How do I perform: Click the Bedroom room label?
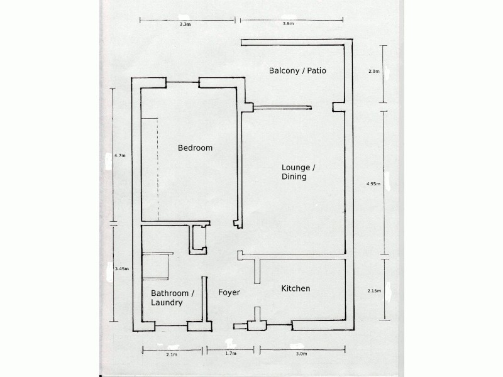click(x=195, y=148)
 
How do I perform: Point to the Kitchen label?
click(x=295, y=289)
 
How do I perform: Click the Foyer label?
click(x=229, y=293)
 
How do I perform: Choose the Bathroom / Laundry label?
click(x=172, y=298)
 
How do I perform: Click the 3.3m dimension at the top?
click(x=184, y=24)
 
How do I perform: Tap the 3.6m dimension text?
click(x=289, y=24)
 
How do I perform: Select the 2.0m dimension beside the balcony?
click(x=373, y=72)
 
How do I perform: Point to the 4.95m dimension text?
click(x=374, y=184)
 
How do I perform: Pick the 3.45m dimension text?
click(x=121, y=269)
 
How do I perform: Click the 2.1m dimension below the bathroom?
click(x=172, y=354)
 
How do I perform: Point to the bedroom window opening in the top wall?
click(x=182, y=82)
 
